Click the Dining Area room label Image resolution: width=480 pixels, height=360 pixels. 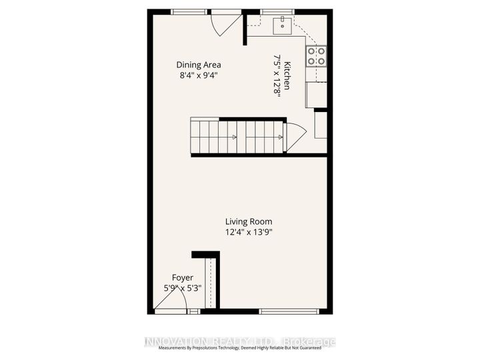coord(199,65)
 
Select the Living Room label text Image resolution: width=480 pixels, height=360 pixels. coord(248,222)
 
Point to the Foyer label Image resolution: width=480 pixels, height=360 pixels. coord(183,277)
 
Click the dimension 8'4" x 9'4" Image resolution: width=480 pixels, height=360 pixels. coord(199,75)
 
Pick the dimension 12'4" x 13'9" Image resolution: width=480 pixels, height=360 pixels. coord(249,233)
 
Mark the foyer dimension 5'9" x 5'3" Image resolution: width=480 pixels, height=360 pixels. coord(183,288)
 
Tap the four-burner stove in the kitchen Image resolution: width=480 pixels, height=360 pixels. coord(316,55)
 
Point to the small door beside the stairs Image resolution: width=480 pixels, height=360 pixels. coord(295,136)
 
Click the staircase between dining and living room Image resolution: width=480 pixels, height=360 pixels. coord(237,137)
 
